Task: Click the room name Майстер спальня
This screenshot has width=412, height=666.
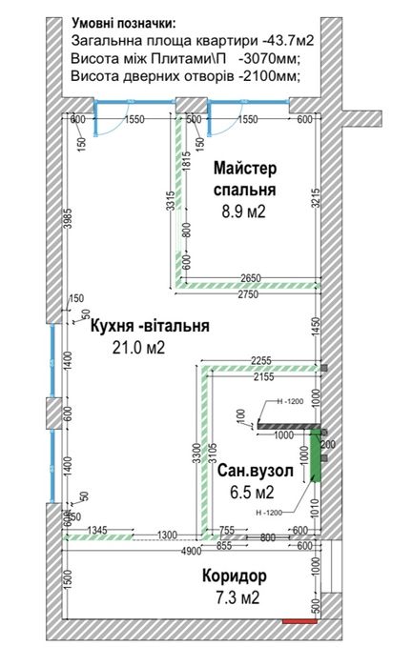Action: pyautogui.click(x=244, y=179)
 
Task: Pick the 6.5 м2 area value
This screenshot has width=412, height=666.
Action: pyautogui.click(x=252, y=493)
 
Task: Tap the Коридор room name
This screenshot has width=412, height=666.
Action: pyautogui.click(x=234, y=576)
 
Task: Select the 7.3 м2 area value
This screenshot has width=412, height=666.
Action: pyautogui.click(x=235, y=597)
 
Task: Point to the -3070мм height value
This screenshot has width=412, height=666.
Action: pyautogui.click(x=269, y=59)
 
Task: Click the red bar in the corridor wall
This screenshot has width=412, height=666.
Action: pyautogui.click(x=301, y=621)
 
